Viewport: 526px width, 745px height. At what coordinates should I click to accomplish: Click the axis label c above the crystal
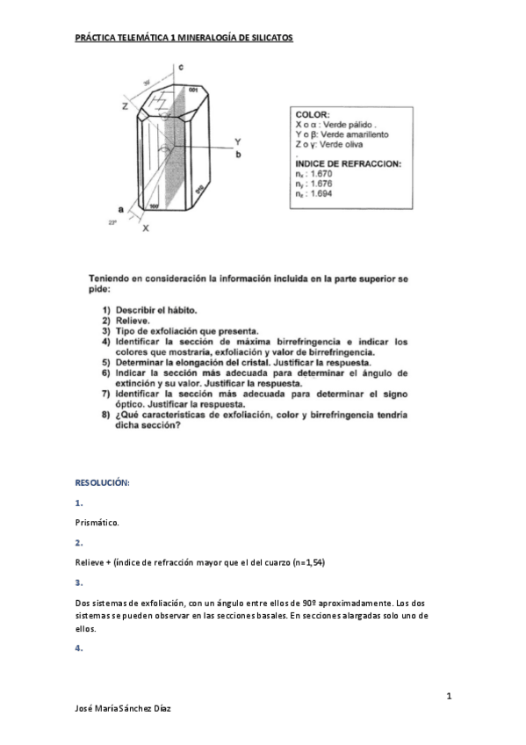tap(179, 67)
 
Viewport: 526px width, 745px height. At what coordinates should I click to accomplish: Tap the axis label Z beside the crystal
tap(125, 105)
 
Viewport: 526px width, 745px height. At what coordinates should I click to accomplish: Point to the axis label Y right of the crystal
tap(238, 141)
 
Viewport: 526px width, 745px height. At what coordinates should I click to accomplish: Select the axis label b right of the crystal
tap(238, 155)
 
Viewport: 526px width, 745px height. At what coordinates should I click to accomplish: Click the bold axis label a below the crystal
tap(120, 209)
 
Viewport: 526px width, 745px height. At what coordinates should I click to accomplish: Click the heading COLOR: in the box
tap(313, 115)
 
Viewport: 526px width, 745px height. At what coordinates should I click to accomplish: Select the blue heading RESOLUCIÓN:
tap(103, 483)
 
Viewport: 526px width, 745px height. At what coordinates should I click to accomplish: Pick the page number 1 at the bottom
tap(449, 697)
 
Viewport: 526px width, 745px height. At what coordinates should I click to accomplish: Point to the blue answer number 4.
tap(79, 648)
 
